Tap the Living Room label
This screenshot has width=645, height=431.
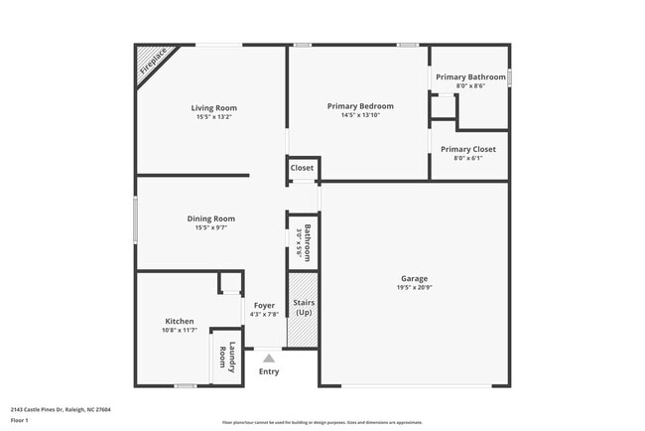pyautogui.click(x=213, y=108)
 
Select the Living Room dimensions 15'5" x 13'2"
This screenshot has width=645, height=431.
pyautogui.click(x=213, y=117)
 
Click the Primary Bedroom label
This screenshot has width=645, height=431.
pyautogui.click(x=360, y=106)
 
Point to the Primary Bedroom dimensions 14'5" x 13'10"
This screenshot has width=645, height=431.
pyautogui.click(x=360, y=115)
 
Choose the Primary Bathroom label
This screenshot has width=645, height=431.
pyautogui.click(x=470, y=77)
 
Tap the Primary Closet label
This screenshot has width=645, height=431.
pyautogui.click(x=468, y=149)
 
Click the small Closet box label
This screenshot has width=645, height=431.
pyautogui.click(x=303, y=168)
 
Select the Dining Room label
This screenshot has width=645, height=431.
pyautogui.click(x=211, y=218)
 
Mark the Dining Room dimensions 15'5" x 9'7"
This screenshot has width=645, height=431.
pyautogui.click(x=211, y=228)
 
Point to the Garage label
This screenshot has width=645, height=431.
pyautogui.click(x=414, y=278)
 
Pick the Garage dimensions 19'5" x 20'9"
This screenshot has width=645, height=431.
pyautogui.click(x=414, y=288)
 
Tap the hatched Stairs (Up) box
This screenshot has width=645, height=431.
pyautogui.click(x=303, y=319)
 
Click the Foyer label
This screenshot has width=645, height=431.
pyautogui.click(x=264, y=305)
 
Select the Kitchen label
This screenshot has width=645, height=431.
pyautogui.click(x=180, y=321)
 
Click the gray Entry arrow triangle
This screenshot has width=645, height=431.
pyautogui.click(x=268, y=359)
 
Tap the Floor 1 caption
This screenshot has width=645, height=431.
pyautogui.click(x=20, y=420)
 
